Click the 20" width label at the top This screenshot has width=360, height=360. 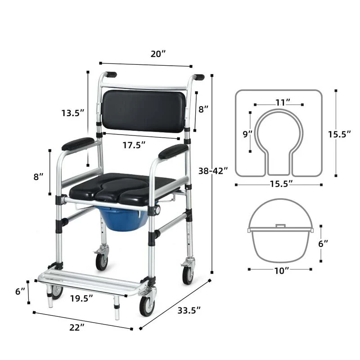tap(158, 54)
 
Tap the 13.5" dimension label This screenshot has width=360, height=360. tap(73, 113)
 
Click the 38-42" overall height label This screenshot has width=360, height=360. tap(213, 171)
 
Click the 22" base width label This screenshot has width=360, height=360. tap(77, 327)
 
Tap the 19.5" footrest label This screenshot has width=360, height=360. tap(81, 297)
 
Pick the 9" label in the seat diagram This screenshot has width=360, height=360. tap(248, 134)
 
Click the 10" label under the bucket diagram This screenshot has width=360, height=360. tap(280, 270)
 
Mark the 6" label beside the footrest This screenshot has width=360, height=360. tap(20, 292)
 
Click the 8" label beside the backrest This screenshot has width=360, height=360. tap(203, 108)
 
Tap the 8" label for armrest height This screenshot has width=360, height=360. tap(39, 176)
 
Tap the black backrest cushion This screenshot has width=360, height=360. tap(144, 111)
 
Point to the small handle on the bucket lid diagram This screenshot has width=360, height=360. tap(280, 225)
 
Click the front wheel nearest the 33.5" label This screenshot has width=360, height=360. tap(147, 306)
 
